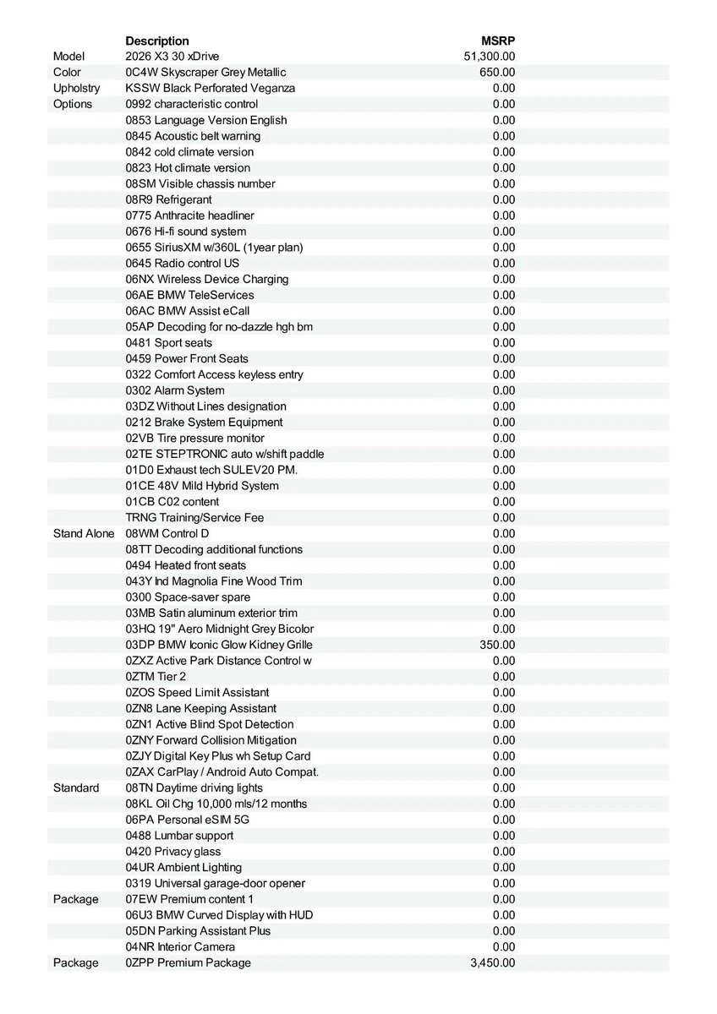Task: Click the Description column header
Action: [x=157, y=41]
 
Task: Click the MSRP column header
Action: [x=498, y=41]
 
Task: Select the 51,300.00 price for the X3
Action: [x=490, y=57]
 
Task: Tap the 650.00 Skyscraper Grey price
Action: [x=497, y=73]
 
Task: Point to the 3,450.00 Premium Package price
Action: [x=492, y=962]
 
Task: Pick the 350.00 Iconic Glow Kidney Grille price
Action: [x=497, y=645]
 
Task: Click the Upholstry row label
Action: [x=76, y=88]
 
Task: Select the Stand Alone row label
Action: [x=84, y=533]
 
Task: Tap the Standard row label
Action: [x=76, y=788]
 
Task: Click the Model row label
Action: [x=69, y=57]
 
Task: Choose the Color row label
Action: [x=67, y=73]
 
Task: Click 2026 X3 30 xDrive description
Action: [x=172, y=57]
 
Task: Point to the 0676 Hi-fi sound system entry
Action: [x=186, y=232]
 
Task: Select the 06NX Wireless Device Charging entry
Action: [x=207, y=279]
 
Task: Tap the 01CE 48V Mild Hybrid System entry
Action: [x=202, y=486]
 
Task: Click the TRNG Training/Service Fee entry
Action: [x=194, y=517]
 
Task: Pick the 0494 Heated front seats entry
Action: [x=186, y=565]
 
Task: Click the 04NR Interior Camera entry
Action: [x=180, y=946]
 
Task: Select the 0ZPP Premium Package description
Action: [x=188, y=962]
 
